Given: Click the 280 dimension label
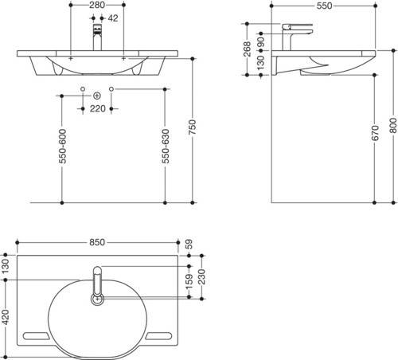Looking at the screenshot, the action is coord(97,5).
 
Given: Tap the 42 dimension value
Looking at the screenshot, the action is coord(113,18).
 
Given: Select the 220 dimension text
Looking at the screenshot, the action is coord(98,108).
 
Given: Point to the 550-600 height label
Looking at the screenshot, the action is coord(62,146).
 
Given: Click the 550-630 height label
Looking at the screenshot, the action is coord(166,146).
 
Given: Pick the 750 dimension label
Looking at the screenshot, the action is coord(193,127).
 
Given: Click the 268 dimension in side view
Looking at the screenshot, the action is coord(247,49).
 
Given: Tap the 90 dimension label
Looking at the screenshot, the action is coord(261,42).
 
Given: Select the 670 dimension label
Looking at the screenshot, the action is coord(375,133).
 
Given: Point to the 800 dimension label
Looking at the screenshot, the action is coord(393,126).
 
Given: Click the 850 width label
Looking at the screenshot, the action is coord(97,242).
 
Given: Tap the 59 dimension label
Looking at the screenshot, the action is coord(189,245).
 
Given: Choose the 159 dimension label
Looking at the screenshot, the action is coord(189,282).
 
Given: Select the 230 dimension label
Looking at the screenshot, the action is coord(202,277).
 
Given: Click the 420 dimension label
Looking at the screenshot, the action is coord(6,317).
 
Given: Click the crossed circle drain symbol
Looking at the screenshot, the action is coord(97,96).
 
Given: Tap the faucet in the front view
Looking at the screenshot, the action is coord(97,37).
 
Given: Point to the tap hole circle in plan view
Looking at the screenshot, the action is coord(98,299).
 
